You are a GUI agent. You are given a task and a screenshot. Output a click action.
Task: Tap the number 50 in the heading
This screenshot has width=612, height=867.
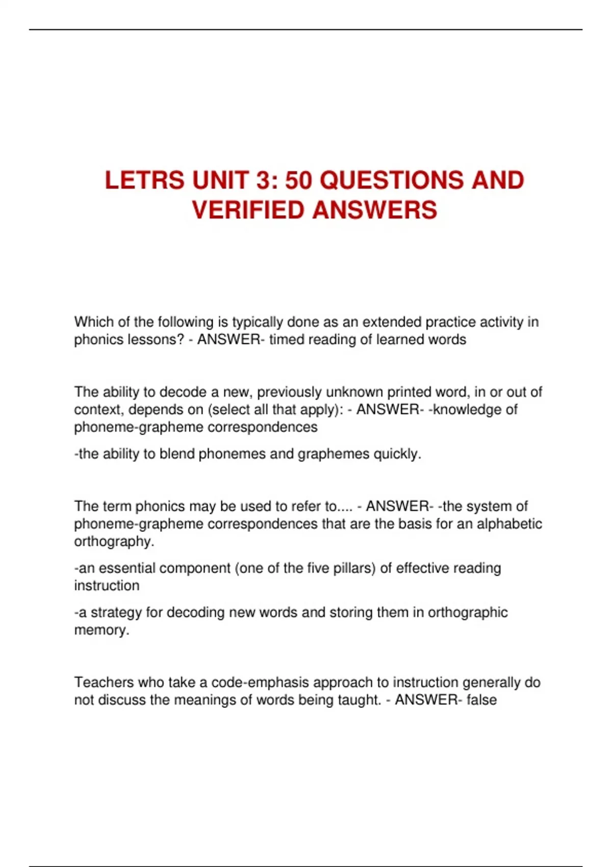[298, 181]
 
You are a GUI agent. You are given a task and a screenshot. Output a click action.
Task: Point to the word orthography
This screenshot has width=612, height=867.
[114, 542]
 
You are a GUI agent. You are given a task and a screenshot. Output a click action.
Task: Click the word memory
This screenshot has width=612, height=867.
[101, 630]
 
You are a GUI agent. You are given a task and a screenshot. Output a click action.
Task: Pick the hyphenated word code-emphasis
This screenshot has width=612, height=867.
[260, 682]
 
